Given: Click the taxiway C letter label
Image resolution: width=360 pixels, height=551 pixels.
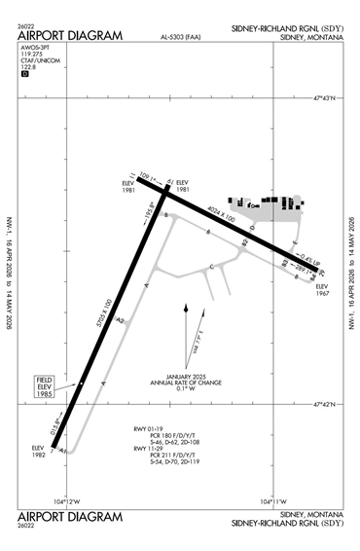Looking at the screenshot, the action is (x=212, y=265).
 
